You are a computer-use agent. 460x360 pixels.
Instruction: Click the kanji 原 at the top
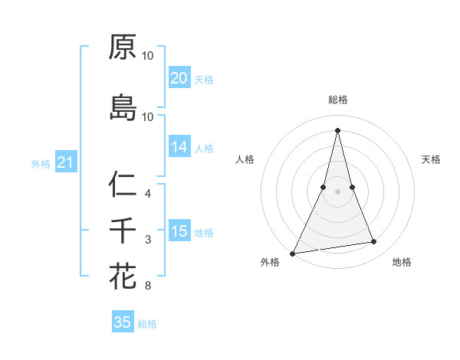tap(123, 47)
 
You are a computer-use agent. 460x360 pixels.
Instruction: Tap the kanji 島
tap(123, 107)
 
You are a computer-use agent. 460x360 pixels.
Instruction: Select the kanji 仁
tap(123, 184)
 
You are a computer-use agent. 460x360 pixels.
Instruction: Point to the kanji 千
tap(123, 231)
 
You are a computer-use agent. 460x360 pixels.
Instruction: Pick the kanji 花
tap(123, 277)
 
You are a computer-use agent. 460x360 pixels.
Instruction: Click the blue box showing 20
tap(179, 78)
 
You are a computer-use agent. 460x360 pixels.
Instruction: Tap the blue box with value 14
tap(179, 148)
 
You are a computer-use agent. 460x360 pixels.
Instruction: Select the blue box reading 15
tap(179, 231)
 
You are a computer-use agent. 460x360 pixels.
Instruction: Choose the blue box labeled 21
tap(66, 162)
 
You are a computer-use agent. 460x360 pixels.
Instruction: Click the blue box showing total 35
tap(123, 322)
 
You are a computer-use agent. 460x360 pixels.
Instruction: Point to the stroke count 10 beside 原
tap(148, 56)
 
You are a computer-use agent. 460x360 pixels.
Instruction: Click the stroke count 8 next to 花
tap(148, 286)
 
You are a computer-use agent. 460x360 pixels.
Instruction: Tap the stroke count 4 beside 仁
tap(148, 193)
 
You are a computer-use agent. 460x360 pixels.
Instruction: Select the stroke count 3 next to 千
tap(148, 240)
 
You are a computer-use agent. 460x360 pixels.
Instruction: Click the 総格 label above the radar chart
tap(337, 100)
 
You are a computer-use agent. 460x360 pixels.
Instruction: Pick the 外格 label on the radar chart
tap(270, 263)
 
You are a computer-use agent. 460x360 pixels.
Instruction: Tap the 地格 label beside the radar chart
tap(402, 263)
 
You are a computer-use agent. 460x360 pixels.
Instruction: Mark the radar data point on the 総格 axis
tap(337, 129)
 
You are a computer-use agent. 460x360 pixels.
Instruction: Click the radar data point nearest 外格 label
tap(293, 253)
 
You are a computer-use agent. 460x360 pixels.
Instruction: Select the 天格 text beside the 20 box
tap(204, 80)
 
